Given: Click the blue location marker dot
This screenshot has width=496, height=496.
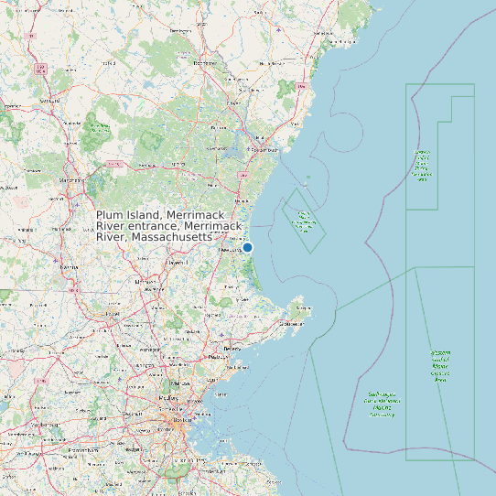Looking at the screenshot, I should (247, 247).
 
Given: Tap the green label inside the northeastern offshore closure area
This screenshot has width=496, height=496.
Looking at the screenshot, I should (422, 166).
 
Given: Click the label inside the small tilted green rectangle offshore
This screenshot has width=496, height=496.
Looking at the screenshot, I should (304, 221).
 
